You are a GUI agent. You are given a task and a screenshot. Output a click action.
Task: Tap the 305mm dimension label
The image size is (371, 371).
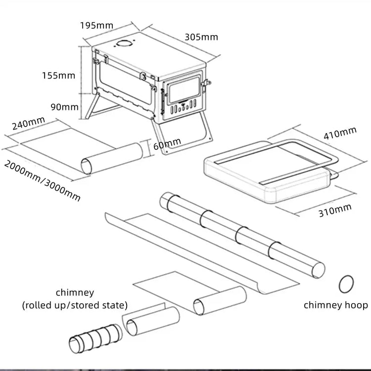coord(201,37)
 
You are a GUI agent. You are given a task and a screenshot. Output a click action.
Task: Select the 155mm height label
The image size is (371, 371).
coord(58,76)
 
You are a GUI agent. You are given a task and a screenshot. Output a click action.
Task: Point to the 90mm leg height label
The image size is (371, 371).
coord(64,107)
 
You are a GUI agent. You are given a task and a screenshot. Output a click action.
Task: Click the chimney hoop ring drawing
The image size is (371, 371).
coord(346,284)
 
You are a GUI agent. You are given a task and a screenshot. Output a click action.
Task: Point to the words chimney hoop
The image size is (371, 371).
coord(335,305)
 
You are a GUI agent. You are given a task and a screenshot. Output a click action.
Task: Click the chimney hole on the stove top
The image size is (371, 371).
coord(125,44)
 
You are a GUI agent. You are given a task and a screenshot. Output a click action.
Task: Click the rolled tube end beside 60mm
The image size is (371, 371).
coord(88,165)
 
